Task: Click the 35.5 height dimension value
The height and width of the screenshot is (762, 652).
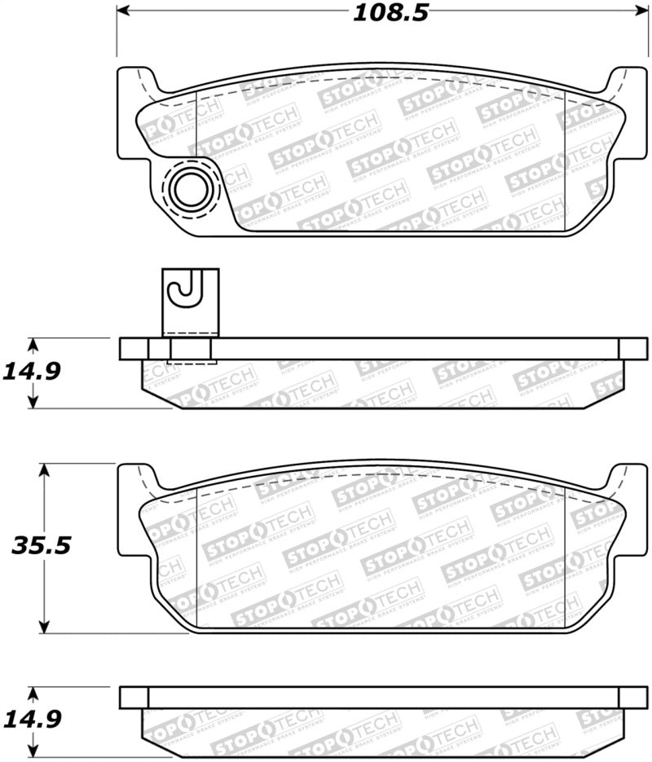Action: point(41,545)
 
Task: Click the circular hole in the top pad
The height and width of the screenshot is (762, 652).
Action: point(192,189)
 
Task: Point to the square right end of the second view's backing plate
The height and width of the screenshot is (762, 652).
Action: point(632,348)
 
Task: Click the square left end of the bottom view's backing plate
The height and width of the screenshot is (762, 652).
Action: point(134,697)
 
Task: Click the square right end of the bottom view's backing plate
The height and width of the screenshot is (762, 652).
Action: point(632,697)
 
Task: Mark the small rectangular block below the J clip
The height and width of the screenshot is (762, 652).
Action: point(189,351)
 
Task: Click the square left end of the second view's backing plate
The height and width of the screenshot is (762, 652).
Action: point(134,348)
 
